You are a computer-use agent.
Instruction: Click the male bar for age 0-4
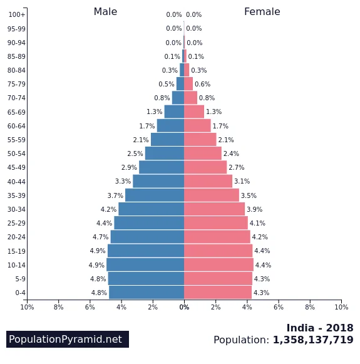(147, 293)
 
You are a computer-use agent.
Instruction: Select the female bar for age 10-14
(219, 265)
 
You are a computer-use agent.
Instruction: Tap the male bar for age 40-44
(158, 181)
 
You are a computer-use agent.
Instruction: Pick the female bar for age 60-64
(197, 126)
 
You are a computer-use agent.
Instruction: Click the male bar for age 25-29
(149, 223)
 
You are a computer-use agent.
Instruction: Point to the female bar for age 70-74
(190, 98)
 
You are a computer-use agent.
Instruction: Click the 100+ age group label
(17, 15)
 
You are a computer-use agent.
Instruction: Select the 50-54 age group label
(17, 154)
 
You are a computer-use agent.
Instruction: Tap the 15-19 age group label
(17, 251)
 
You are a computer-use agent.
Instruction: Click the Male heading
(105, 12)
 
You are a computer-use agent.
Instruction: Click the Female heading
(262, 12)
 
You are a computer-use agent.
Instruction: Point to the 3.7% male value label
(115, 195)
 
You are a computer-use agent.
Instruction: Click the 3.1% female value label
(242, 182)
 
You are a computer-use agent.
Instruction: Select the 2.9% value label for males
(129, 168)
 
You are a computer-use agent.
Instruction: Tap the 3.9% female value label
(254, 209)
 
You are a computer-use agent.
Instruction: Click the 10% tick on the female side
(341, 307)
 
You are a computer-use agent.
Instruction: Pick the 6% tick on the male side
(90, 307)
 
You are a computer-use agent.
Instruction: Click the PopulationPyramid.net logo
(68, 340)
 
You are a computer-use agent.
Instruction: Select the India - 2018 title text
(319, 328)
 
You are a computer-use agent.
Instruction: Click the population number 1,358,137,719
(312, 340)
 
